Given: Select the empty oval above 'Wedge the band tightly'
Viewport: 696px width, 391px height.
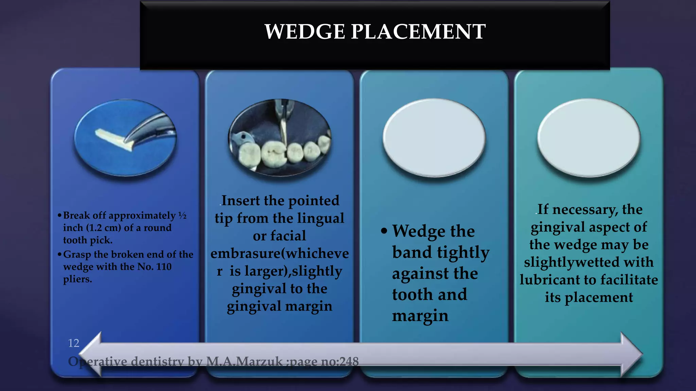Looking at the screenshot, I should (x=434, y=137).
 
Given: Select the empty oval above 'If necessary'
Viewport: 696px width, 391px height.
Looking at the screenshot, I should (x=589, y=137).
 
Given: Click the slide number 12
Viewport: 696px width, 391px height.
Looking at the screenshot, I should (x=73, y=343).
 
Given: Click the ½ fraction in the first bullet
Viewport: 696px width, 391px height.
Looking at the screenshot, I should (x=182, y=216).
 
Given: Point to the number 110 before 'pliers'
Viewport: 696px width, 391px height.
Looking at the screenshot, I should (x=163, y=267).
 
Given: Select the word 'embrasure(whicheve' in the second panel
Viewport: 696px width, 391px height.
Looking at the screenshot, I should (x=279, y=254).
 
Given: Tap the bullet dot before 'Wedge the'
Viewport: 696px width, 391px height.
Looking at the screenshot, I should (x=384, y=231).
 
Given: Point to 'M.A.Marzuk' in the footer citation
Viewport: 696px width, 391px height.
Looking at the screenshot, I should (x=244, y=361).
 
